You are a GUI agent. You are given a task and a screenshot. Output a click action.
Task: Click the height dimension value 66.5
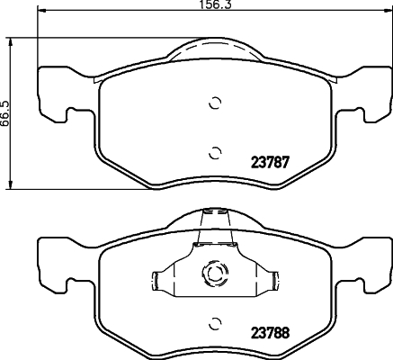pos(5,113)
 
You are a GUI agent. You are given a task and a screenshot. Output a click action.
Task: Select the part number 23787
pos(270,162)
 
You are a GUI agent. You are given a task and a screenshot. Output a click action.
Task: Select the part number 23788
pos(270,332)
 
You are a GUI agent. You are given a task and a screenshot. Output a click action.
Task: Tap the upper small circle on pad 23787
pos(215,103)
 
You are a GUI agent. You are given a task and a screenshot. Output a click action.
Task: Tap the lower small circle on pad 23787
pos(215,153)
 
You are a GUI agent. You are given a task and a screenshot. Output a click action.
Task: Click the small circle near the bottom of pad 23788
pos(215,323)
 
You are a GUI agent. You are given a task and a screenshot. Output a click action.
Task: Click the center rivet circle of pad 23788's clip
pos(215,273)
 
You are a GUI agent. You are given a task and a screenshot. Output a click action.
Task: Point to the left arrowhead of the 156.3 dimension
pos(41,11)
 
